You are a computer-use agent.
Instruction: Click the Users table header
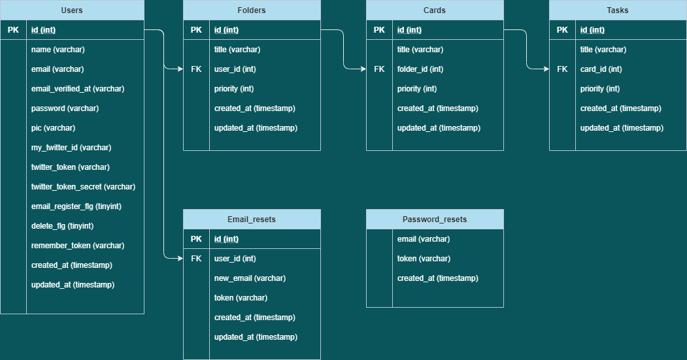click(x=72, y=10)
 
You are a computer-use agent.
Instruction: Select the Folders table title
click(x=252, y=10)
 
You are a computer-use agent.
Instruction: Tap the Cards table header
click(x=435, y=10)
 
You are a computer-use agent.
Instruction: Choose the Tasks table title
click(x=618, y=10)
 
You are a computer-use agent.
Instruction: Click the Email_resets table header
click(x=252, y=220)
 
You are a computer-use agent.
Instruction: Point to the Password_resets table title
click(x=435, y=220)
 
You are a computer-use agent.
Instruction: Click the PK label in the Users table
click(x=13, y=30)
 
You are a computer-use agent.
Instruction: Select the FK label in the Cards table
click(x=379, y=69)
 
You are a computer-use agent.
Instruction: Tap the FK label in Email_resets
click(x=196, y=259)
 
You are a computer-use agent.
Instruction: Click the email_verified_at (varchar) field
click(x=78, y=89)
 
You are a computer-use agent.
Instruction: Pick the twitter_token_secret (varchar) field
click(x=83, y=187)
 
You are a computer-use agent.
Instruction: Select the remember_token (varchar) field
click(x=78, y=246)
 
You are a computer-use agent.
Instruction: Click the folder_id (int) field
click(x=420, y=69)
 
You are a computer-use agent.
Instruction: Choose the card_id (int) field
click(x=601, y=69)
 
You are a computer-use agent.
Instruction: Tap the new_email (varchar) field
click(x=250, y=278)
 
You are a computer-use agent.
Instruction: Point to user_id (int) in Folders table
click(x=235, y=69)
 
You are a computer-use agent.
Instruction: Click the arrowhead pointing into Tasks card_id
click(x=546, y=69)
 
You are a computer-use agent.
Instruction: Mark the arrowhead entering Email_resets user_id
click(x=180, y=259)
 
